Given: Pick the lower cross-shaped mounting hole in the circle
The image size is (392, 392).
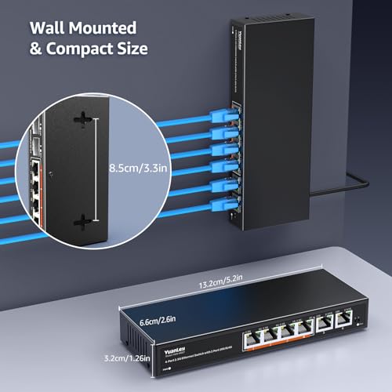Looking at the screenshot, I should click(81, 221).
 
